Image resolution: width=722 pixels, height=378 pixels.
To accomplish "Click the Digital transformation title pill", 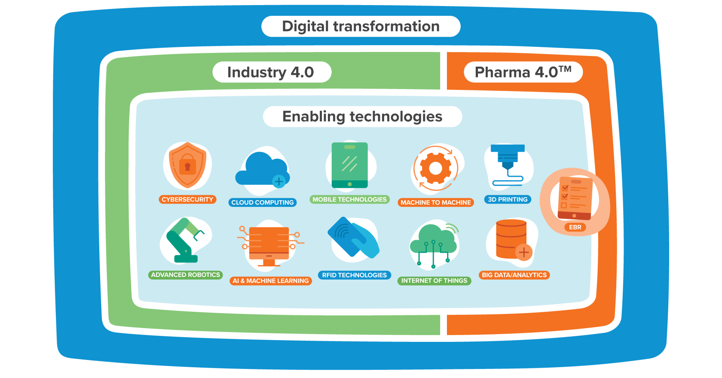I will point(361,26).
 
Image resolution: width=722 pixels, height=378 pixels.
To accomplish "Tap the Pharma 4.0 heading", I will point(523,72).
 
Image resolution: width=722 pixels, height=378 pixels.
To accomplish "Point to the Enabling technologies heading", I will point(362,117).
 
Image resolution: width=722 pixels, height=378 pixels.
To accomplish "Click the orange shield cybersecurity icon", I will point(187,166).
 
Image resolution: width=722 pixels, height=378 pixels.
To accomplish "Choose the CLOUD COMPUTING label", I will point(263,202).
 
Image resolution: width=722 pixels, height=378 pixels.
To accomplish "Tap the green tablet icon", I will point(349,165).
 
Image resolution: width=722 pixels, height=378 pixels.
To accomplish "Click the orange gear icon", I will point(435,168).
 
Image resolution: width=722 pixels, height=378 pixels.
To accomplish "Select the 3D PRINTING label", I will point(508,200).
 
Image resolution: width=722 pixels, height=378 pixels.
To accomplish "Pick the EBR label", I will point(575,227).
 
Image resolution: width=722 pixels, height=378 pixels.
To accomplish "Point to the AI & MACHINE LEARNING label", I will point(271,281).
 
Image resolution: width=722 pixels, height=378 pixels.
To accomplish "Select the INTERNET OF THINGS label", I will point(434,281).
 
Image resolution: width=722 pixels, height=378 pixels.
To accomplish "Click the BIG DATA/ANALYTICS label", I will point(514,275).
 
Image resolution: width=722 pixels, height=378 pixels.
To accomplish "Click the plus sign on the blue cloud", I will point(279,181).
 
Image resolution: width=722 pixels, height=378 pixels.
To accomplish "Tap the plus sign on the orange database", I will point(523,252).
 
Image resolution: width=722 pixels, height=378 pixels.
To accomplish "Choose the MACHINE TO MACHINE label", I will point(436,202).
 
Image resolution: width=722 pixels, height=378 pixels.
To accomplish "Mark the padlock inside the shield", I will point(187,166).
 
